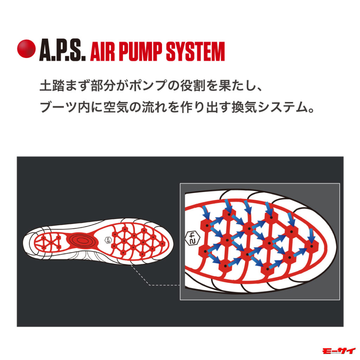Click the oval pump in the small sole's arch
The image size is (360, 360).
coord(82,240)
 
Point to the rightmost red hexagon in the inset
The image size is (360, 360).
coord(311,244)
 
